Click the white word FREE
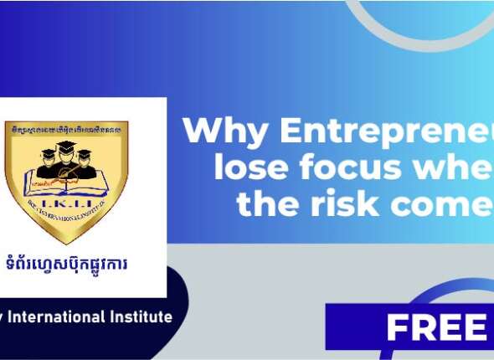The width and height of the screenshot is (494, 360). tap(436, 327)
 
